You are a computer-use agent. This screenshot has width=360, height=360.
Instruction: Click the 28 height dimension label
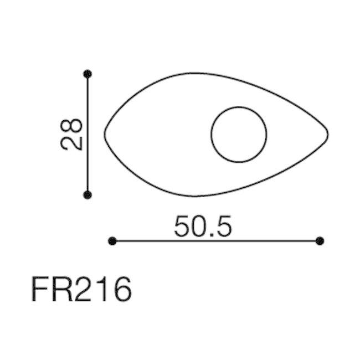point(71,135)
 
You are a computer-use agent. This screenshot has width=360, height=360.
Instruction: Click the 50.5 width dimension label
point(203,227)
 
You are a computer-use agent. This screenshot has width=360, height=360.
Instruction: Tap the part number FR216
point(81,289)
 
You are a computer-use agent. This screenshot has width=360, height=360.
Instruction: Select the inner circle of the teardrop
point(239,107)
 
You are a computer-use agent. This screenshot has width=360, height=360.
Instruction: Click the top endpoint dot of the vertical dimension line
point(88,74)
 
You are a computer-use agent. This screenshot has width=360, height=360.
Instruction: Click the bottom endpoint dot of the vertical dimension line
point(88,195)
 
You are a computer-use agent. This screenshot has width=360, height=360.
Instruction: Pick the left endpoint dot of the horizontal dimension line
point(112,241)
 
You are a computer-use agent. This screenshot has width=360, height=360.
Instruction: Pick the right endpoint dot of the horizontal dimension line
point(320,241)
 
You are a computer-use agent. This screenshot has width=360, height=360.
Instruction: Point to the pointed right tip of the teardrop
point(328,135)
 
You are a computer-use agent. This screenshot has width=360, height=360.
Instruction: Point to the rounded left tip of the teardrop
point(105,135)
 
